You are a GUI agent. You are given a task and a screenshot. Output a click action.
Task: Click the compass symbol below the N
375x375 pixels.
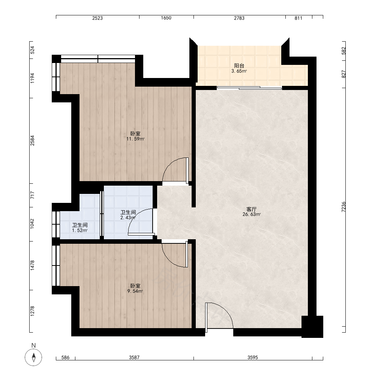tap(33, 357)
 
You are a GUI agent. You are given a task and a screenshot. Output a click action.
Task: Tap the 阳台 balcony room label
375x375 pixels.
tap(239, 66)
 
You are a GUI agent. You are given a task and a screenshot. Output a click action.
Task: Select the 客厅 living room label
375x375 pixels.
tap(251, 209)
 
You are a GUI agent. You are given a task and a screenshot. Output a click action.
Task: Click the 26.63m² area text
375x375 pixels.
tap(252, 214)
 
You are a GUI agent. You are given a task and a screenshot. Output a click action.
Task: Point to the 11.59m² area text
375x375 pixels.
tap(135, 139)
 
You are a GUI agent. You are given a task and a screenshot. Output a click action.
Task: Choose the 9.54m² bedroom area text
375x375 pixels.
tap(135, 291)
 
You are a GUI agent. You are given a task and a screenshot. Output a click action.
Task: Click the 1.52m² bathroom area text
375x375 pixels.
tap(79, 231)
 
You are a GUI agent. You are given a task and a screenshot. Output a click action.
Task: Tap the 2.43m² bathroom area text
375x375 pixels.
tap(128, 217)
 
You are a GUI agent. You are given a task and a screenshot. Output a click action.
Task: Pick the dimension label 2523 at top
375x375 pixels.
tap(97, 18)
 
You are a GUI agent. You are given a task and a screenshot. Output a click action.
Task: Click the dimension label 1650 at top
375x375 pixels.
tap(166, 18)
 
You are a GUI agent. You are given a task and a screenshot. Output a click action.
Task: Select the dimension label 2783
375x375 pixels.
tap(239, 18)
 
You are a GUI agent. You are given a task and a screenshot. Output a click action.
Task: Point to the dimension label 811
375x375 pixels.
tap(298, 18)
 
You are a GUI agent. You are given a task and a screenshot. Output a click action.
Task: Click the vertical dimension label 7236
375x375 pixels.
tap(343, 207)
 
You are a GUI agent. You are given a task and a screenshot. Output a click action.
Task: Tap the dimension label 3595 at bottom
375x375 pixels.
tap(253, 357)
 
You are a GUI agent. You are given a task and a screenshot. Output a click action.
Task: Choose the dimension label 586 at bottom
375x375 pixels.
tap(65, 357)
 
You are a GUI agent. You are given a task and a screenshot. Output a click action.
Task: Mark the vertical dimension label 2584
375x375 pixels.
tap(32, 141)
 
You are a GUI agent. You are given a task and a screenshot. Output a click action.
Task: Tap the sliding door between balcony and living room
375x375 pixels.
tap(249, 88)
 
